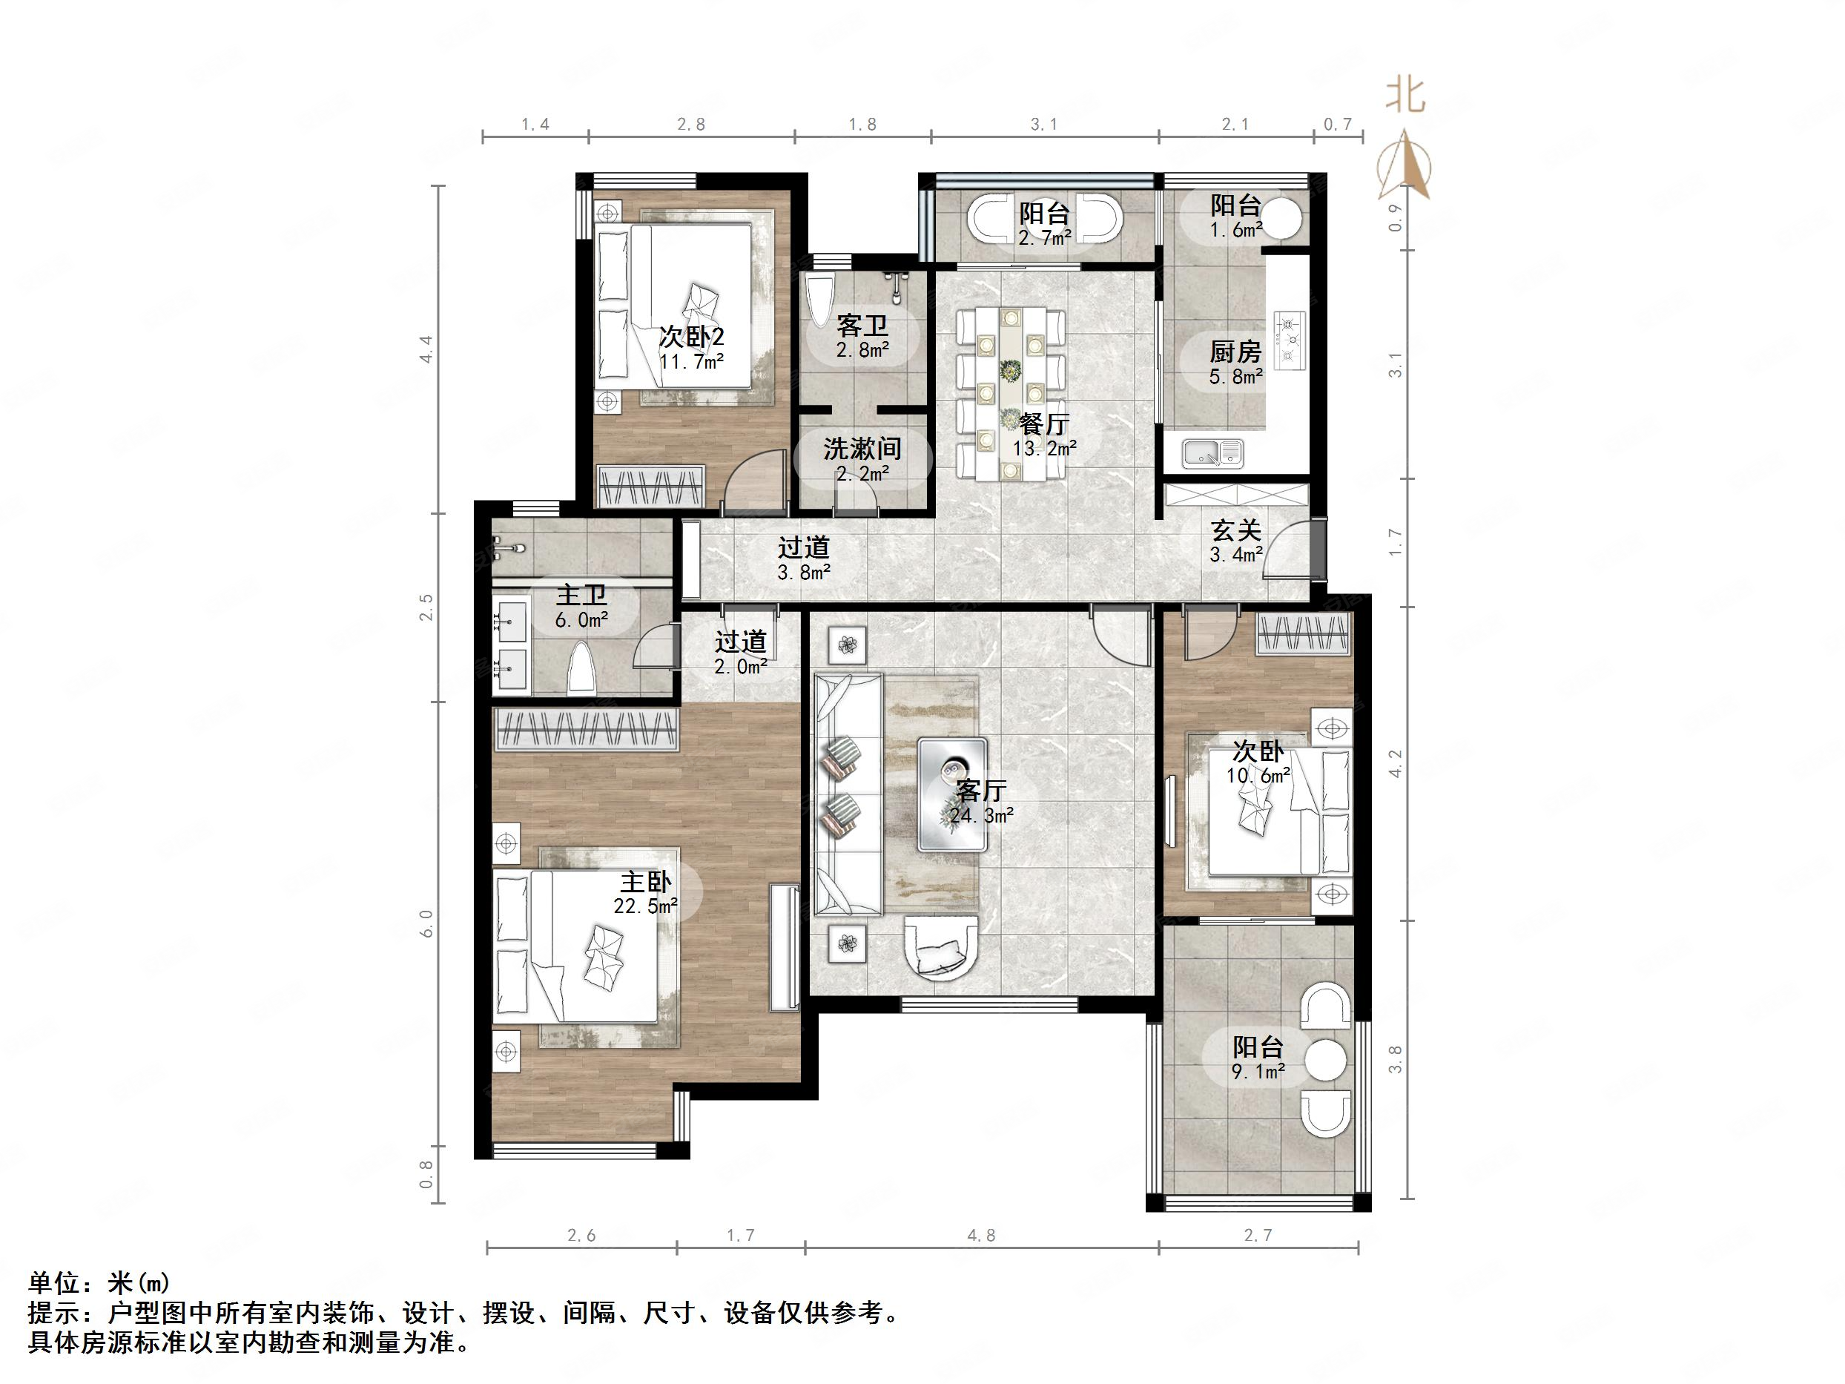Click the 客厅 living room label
(981, 789)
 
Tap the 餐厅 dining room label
(1043, 424)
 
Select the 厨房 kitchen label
(1235, 352)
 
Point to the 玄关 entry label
(1235, 530)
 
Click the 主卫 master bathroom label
(581, 596)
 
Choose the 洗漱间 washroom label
(862, 449)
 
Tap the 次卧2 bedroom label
(691, 337)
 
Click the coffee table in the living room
(952, 794)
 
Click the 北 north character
(1405, 95)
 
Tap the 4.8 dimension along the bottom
(981, 1236)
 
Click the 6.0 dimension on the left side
(426, 923)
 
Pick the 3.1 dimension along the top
(1043, 125)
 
